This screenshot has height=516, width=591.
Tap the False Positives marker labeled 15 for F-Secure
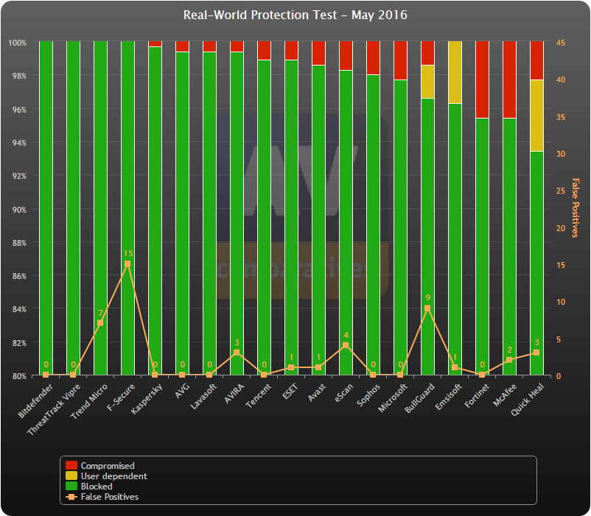tap(127, 264)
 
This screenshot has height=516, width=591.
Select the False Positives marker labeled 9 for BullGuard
tap(427, 308)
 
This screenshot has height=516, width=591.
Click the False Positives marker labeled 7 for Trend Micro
tap(100, 323)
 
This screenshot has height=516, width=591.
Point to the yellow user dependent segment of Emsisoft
tap(455, 72)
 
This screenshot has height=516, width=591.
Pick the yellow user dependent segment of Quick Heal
tap(536, 116)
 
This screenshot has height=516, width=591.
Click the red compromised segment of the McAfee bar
tap(509, 79)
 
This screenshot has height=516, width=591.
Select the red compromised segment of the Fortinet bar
tap(482, 79)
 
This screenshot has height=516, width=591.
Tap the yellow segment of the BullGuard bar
tap(427, 82)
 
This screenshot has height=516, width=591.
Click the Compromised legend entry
tap(108, 465)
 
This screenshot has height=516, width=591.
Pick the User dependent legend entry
tap(113, 476)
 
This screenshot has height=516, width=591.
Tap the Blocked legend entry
tap(97, 486)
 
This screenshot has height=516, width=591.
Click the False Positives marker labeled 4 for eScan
tap(346, 345)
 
